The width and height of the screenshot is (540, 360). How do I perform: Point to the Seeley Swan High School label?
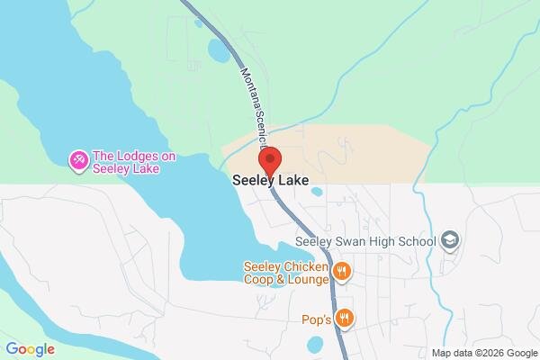pyautogui.click(x=366, y=241)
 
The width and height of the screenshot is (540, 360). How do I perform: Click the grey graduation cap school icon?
pyautogui.click(x=451, y=240)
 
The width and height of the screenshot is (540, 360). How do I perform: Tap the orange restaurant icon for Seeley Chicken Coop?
pyautogui.click(x=341, y=271)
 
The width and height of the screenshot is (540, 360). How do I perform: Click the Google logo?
pyautogui.click(x=30, y=349)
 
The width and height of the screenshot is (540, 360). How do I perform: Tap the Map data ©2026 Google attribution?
pyautogui.click(x=483, y=352)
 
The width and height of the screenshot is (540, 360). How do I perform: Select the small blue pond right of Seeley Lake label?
pyautogui.click(x=316, y=191)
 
